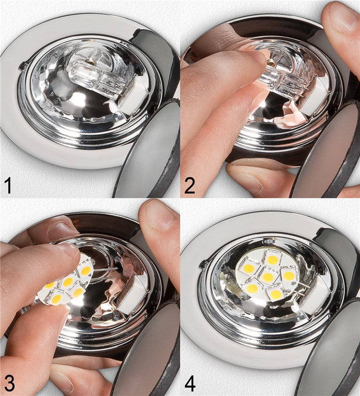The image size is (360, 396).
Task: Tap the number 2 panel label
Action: click(190, 184)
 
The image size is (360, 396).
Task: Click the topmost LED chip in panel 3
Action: click(85, 270)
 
